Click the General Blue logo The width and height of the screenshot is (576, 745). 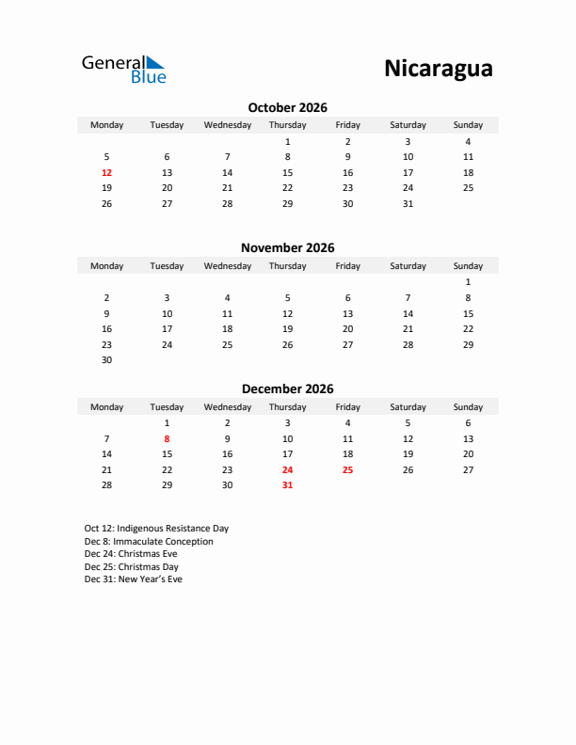click(123, 69)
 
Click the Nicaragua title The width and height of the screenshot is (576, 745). click(438, 69)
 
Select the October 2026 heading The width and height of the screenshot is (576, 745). click(287, 108)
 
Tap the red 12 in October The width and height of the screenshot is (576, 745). click(106, 172)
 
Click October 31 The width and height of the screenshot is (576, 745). click(408, 203)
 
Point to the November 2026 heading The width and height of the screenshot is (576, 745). click(287, 248)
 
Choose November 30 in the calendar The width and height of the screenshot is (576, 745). click(106, 359)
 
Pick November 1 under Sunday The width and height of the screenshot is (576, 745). click(468, 281)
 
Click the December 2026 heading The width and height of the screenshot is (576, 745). click(287, 388)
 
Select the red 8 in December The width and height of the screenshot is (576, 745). click(167, 438)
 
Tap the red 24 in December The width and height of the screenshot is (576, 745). click(287, 469)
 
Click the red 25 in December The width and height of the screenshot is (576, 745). click(347, 469)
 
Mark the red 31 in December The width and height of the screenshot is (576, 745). click(287, 485)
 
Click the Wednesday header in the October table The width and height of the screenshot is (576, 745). click(227, 125)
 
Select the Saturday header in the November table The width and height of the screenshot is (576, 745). click(408, 266)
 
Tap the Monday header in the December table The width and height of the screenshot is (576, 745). click(106, 407)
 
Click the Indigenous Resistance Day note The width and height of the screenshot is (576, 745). click(156, 529)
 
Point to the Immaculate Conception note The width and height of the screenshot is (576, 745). click(149, 542)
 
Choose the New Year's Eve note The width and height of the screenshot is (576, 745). click(133, 579)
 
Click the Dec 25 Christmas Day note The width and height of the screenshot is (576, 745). click(131, 567)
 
